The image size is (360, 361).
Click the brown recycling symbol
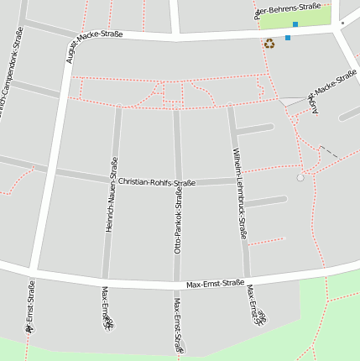tap(269, 43)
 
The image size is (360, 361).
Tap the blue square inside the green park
tap(295, 24)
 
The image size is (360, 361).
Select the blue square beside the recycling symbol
tap(288, 38)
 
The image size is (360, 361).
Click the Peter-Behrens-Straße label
tap(287, 10)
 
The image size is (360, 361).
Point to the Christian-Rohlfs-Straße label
tap(156, 182)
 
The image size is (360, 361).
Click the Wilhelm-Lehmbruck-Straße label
tap(240, 194)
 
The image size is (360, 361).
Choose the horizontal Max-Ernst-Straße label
tap(215, 284)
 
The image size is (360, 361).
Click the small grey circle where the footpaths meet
tap(300, 177)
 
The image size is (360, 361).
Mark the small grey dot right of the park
tap(342, 23)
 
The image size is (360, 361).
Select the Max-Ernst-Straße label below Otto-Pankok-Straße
tap(178, 324)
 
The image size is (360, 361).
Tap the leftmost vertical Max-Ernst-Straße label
tap(31, 306)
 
